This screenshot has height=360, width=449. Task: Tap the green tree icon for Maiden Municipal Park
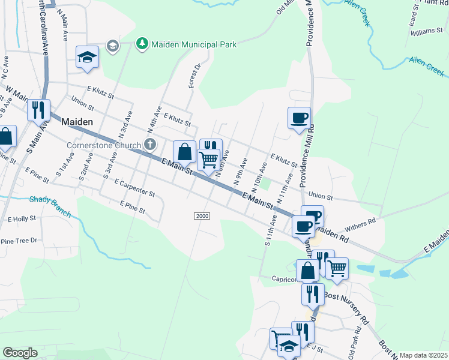click(x=142, y=44)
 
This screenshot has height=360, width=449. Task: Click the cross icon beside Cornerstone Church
click(x=150, y=145)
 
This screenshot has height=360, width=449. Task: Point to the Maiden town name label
click(x=77, y=121)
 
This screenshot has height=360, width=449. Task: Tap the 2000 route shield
click(x=202, y=215)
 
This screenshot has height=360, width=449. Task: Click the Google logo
click(x=20, y=353)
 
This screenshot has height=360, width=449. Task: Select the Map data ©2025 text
click(x=423, y=355)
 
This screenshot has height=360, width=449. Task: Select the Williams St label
click(x=427, y=31)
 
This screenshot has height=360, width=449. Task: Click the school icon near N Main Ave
click(x=87, y=58)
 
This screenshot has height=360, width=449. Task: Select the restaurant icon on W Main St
click(x=38, y=110)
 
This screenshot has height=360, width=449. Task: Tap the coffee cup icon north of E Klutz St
click(x=299, y=118)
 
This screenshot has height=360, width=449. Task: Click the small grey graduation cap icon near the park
click(x=112, y=46)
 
